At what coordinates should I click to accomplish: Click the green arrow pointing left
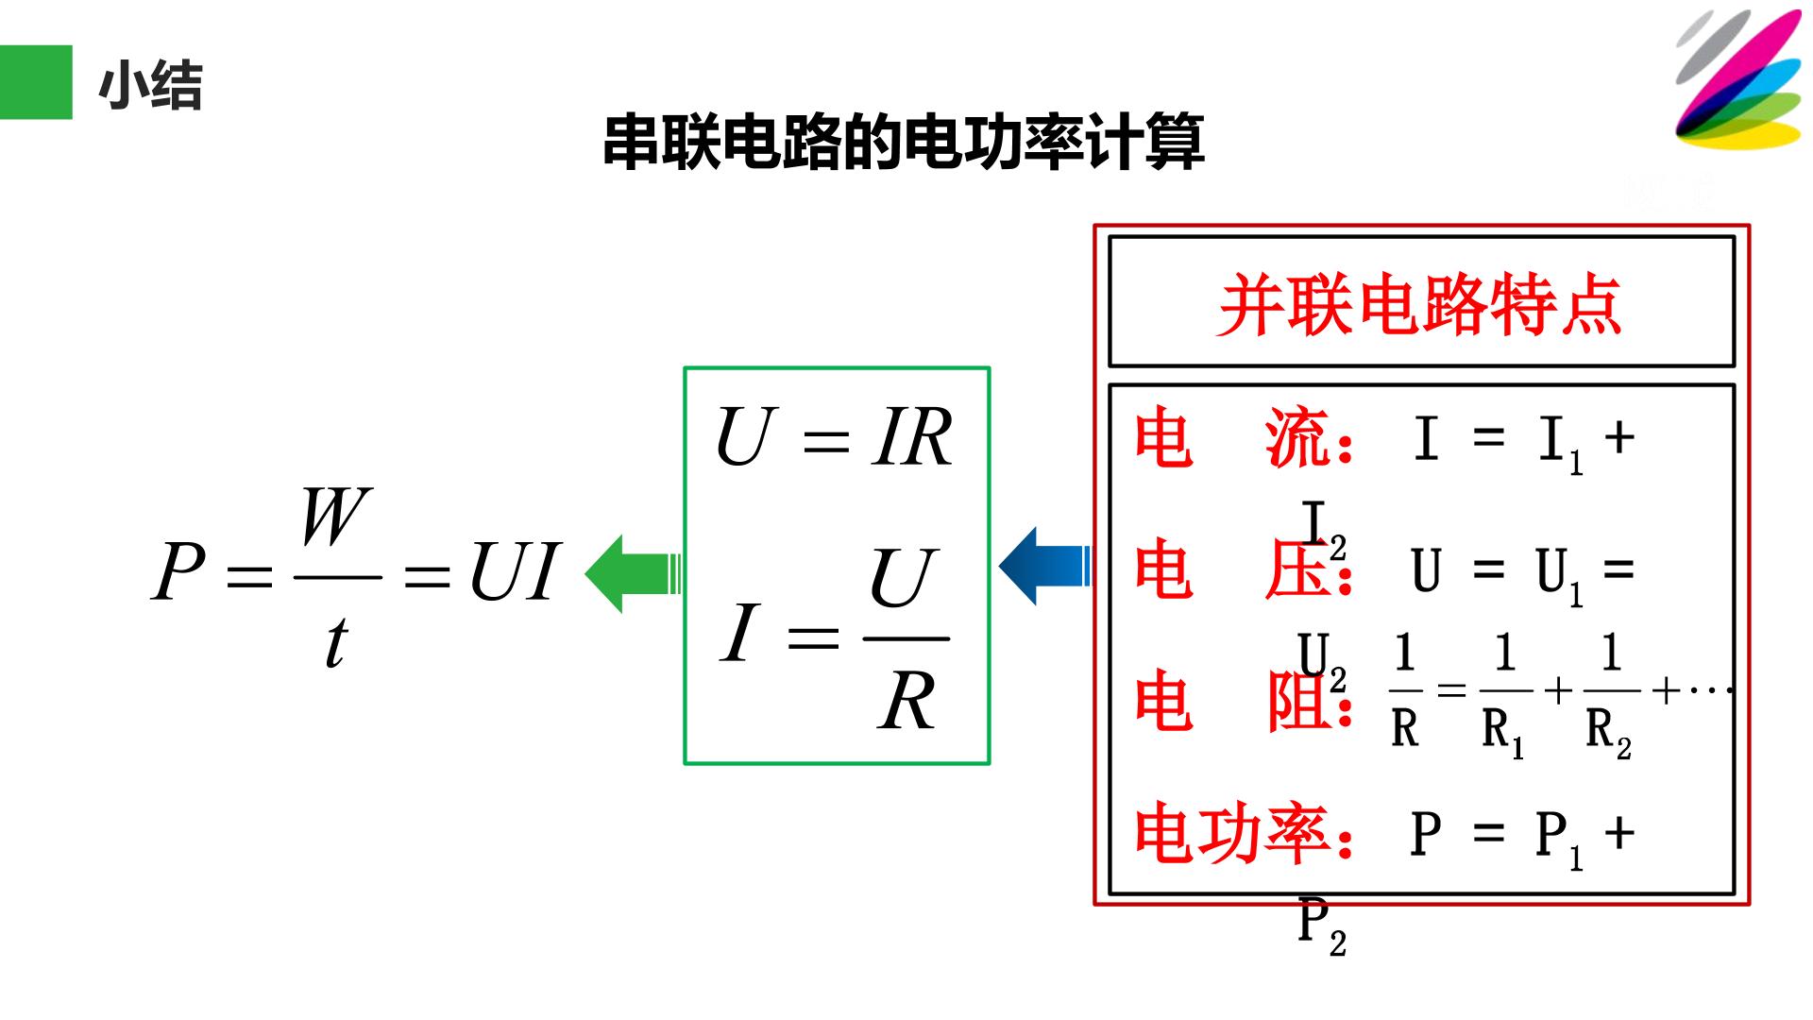(x=633, y=573)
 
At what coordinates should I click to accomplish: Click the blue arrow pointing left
(x=1044, y=567)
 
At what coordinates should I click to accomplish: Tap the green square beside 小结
(x=36, y=82)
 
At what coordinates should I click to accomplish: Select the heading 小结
(x=150, y=86)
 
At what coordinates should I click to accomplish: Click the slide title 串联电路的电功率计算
(x=904, y=143)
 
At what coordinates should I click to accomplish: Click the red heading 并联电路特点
(x=1420, y=305)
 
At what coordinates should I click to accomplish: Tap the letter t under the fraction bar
(x=336, y=641)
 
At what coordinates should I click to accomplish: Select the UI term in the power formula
(x=515, y=572)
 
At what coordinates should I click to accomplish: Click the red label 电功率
(x=1231, y=834)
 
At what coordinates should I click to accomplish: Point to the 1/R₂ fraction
(x=1611, y=696)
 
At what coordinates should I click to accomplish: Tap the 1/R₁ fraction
(x=1505, y=696)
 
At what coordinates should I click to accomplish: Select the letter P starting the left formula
(x=178, y=572)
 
